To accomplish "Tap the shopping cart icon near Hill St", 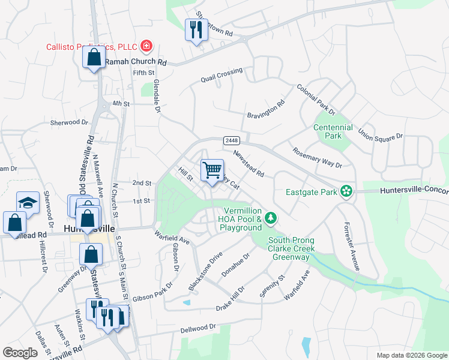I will point(212,170).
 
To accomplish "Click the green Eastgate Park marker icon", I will point(346,191).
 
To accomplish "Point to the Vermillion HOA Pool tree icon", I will point(271,217).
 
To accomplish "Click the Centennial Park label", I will point(333,132).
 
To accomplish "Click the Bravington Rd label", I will point(265,111).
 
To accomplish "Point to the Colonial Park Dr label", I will point(315,99).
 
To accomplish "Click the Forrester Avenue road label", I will point(351,246).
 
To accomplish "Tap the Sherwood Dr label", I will point(69,122).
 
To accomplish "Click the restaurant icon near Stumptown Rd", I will point(195,29).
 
